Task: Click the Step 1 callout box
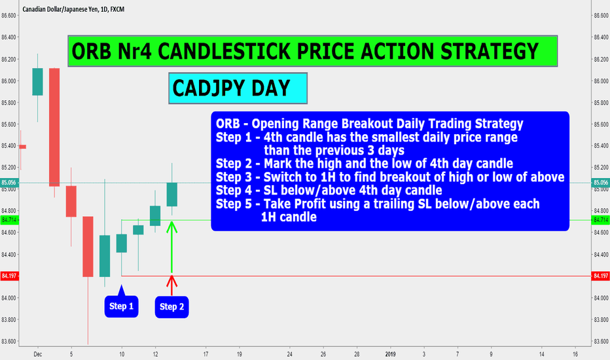121,306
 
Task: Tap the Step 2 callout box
171,307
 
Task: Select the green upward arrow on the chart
171,247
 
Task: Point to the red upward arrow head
171,281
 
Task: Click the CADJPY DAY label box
238,88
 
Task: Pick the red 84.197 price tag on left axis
9,276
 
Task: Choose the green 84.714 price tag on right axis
601,221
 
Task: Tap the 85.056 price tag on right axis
601,183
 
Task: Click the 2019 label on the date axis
390,354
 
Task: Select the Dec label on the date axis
38,354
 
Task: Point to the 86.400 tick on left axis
9,37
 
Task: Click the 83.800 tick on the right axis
601,319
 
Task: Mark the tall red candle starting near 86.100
54,127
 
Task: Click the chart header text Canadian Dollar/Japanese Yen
60,9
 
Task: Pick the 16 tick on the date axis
575,354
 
